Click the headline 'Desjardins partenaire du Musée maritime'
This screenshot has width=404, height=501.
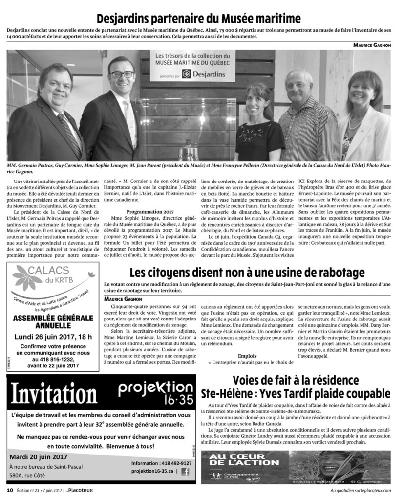[198, 19]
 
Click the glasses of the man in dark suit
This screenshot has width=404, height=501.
[121, 75]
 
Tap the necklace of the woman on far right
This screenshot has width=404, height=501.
[356, 122]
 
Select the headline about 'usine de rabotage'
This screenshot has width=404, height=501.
[247, 273]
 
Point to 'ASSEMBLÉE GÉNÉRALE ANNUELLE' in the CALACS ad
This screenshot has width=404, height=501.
[53, 321]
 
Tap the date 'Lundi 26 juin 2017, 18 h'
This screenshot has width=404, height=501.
[53, 337]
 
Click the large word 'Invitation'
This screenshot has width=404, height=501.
[54, 395]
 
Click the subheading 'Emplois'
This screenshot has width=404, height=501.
[248, 356]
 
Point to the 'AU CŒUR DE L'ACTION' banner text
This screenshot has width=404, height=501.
[236, 460]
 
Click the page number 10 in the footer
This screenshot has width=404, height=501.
[9, 490]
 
